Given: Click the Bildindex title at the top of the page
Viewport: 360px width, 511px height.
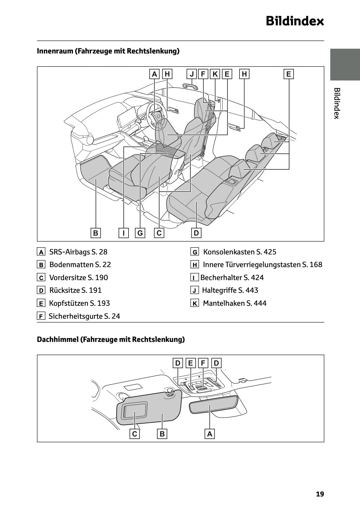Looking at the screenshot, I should (x=295, y=22).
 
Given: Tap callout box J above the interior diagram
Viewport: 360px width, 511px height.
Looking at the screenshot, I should (x=192, y=74).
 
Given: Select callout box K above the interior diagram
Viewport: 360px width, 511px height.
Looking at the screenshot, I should (x=215, y=74).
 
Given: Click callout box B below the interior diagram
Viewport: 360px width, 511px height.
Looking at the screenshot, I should (x=96, y=233).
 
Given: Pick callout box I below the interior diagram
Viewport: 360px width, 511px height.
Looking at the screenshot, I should (x=124, y=233).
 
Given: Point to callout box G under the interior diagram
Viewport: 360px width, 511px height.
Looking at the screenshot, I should (x=140, y=233).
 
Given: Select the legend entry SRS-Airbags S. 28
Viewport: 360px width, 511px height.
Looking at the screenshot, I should (x=78, y=252).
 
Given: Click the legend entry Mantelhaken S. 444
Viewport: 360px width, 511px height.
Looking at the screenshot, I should (x=235, y=303).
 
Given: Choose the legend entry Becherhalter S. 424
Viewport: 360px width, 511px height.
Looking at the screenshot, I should (x=232, y=278).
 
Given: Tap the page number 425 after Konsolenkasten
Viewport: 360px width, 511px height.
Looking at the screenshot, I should (x=270, y=252).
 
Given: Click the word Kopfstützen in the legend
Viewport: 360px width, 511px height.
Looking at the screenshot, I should (x=69, y=303).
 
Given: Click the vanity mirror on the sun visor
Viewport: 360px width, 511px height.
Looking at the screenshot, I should (x=134, y=411).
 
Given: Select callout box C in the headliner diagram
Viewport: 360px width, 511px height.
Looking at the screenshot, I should (x=134, y=434).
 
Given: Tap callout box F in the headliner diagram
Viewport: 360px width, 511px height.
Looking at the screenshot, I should (x=203, y=363).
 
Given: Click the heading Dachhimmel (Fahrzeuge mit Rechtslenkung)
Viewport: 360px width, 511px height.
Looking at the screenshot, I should (x=111, y=339).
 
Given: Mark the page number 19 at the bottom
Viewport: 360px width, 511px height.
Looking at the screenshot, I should (x=320, y=494).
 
